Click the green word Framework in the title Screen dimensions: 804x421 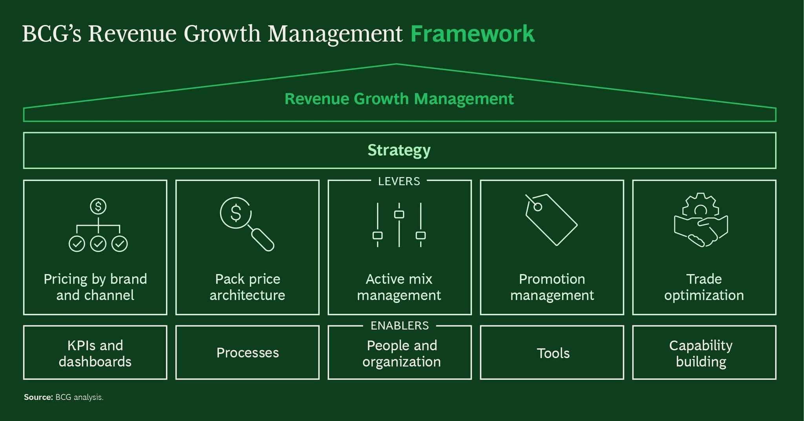472,34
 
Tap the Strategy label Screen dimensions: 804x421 399,150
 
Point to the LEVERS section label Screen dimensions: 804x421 399,181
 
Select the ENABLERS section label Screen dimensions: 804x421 400,326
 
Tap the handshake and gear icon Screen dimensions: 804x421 701,220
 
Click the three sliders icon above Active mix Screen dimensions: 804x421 399,225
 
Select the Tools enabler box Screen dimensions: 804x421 552,352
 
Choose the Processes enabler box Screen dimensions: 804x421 247,352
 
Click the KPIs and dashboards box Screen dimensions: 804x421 95,352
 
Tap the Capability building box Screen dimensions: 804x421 704,352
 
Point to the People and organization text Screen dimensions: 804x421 402,353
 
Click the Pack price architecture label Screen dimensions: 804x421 247,287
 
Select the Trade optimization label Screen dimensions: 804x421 704,287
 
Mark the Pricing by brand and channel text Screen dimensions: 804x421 95,287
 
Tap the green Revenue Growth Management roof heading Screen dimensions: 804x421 399,99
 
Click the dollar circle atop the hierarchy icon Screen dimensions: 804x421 98,206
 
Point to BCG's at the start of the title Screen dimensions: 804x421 52,34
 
